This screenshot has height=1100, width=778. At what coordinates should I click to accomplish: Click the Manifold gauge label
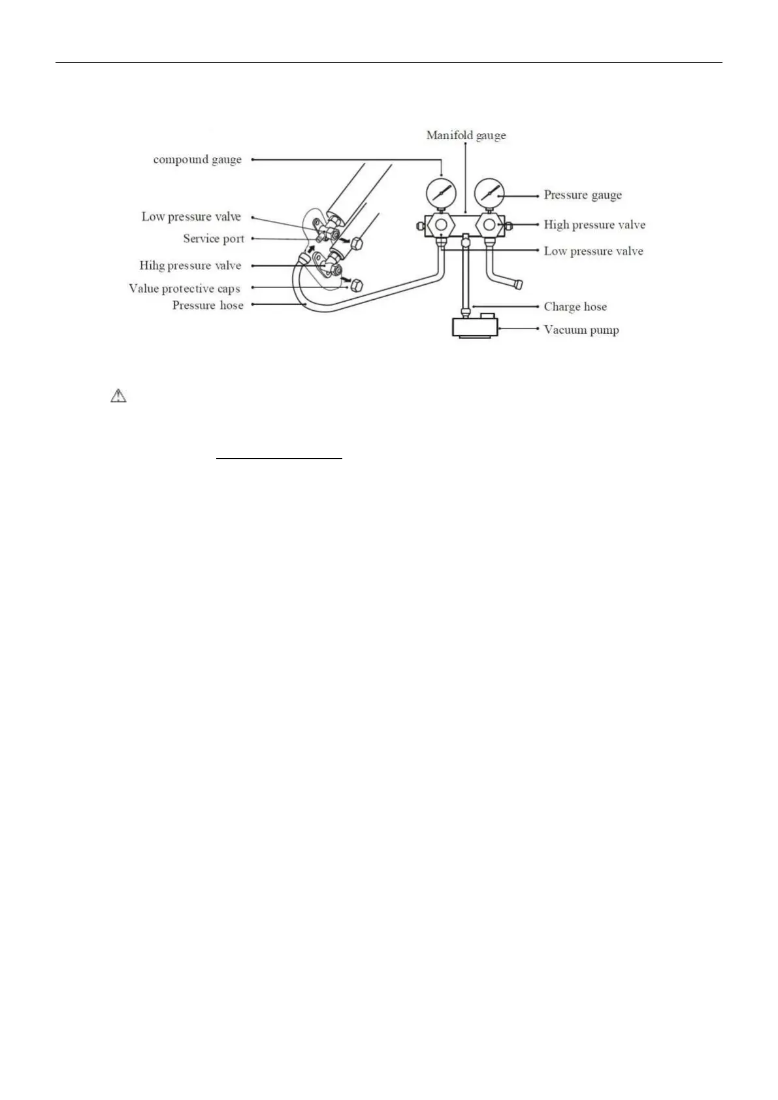(466, 136)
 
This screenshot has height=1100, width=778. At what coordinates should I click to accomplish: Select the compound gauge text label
(197, 160)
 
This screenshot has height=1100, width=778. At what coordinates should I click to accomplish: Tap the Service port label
(214, 239)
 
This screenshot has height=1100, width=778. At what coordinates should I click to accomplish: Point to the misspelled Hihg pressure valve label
(190, 266)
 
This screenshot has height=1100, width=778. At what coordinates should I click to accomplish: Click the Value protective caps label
(184, 289)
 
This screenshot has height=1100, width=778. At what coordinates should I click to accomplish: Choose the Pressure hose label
(208, 306)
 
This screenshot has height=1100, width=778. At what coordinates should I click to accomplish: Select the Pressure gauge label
(583, 195)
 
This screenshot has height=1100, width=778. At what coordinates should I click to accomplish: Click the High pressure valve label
(594, 225)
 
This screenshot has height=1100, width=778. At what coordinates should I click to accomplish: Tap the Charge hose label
(575, 307)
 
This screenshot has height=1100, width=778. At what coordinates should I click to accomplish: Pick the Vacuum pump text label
(581, 331)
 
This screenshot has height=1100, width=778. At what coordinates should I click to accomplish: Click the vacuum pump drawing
(475, 325)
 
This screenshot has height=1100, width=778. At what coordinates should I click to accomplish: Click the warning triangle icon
(118, 396)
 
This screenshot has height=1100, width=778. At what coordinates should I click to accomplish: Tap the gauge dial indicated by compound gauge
(441, 192)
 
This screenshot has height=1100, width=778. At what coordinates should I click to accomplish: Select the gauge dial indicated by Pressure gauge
(489, 192)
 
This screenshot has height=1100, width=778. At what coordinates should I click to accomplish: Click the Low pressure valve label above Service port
(191, 217)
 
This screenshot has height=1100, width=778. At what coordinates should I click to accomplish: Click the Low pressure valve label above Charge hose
(593, 251)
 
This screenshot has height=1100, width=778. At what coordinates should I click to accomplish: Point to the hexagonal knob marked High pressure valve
(490, 225)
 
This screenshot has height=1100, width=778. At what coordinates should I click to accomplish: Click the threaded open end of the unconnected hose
(517, 285)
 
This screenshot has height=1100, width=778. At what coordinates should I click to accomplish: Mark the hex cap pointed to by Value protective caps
(357, 285)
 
